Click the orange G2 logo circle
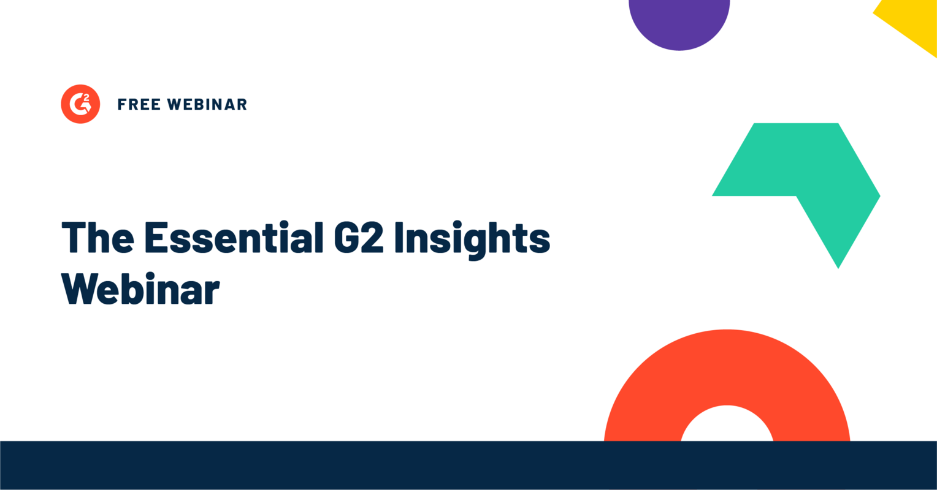[80, 104]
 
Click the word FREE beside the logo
[139, 105]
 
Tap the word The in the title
[98, 238]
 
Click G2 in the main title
[359, 238]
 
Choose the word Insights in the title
[472, 239]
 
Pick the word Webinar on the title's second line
[141, 288]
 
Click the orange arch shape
[727, 367]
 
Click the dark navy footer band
[468, 466]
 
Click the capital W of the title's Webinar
[79, 288]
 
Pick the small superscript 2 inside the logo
[86, 97]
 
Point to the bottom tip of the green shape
[838, 266]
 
